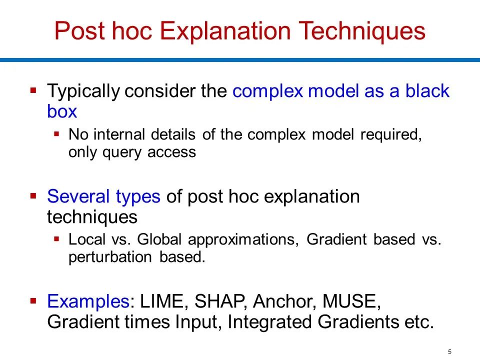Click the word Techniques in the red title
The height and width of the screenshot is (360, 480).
point(361,31)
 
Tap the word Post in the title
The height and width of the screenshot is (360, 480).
point(79,30)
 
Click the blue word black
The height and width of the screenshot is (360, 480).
point(427,90)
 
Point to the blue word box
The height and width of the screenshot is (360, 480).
point(62,111)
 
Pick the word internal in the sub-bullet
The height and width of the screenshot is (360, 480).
point(118,134)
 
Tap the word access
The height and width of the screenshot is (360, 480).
point(171,152)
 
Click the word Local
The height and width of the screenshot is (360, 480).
point(86,239)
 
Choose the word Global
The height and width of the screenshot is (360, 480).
point(159,239)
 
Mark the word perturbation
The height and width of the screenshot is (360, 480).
point(110,257)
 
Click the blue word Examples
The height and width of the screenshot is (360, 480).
point(88,301)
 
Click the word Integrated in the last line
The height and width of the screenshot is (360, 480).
point(269,322)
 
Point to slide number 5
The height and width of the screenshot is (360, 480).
point(449,351)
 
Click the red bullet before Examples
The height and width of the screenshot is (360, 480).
point(33,300)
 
